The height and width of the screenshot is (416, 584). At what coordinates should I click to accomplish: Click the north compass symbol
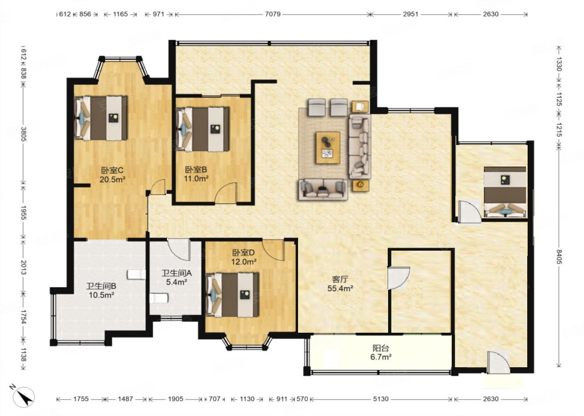click(x=24, y=397)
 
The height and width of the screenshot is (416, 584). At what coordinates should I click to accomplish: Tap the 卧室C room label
click(x=112, y=171)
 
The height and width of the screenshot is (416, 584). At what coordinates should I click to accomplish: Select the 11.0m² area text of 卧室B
click(x=196, y=179)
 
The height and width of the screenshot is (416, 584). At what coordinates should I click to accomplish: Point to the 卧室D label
click(x=243, y=253)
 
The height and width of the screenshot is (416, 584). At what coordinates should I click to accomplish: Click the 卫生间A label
click(x=177, y=273)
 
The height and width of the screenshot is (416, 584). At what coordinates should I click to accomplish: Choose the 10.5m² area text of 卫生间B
click(x=101, y=295)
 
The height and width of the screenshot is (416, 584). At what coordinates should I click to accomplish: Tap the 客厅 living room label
click(x=340, y=279)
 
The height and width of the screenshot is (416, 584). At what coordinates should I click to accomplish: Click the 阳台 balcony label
click(x=381, y=348)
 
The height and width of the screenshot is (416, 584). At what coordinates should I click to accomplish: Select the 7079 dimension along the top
click(x=273, y=14)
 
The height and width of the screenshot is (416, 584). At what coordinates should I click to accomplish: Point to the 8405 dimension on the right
click(x=559, y=257)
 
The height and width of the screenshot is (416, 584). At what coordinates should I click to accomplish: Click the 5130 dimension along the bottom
click(x=381, y=399)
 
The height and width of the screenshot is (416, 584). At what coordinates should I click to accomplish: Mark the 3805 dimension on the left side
click(x=24, y=134)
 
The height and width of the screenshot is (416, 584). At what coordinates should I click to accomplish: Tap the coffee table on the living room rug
click(x=328, y=148)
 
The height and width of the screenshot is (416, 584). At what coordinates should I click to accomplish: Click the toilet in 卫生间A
click(x=159, y=298)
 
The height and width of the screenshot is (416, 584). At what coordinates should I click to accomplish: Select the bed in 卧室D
click(x=232, y=295)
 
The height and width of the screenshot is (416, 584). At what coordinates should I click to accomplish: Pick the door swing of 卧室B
click(x=226, y=193)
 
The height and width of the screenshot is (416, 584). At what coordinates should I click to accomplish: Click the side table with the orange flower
click(x=361, y=185)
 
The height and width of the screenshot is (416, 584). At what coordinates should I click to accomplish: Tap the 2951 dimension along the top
click(x=410, y=14)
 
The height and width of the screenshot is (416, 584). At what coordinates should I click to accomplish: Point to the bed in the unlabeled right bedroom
click(x=505, y=192)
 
